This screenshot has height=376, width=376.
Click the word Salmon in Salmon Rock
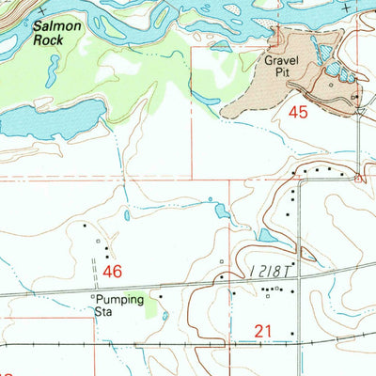coord(57,29)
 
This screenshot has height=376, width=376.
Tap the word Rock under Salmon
coord(57,42)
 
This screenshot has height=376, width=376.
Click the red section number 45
coord(299,112)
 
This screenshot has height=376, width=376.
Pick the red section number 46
coord(113,272)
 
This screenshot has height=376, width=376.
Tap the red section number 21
coord(263,328)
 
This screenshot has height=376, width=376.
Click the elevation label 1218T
coord(273,270)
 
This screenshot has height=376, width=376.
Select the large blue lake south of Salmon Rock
coord(52,119)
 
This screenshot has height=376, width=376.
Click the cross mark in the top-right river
coord(347,8)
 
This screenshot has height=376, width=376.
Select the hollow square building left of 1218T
coord(221,261)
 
